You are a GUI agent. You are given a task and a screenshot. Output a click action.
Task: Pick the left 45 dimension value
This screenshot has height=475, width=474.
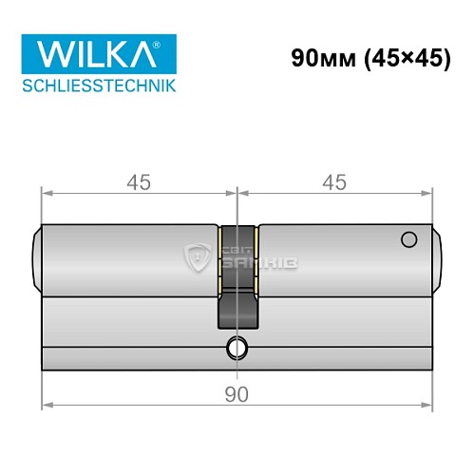click(138, 179)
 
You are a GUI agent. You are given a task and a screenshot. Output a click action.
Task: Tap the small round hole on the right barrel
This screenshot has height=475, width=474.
click(409, 238)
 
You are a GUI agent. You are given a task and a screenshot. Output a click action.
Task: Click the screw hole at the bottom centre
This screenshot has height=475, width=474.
click(236, 349)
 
